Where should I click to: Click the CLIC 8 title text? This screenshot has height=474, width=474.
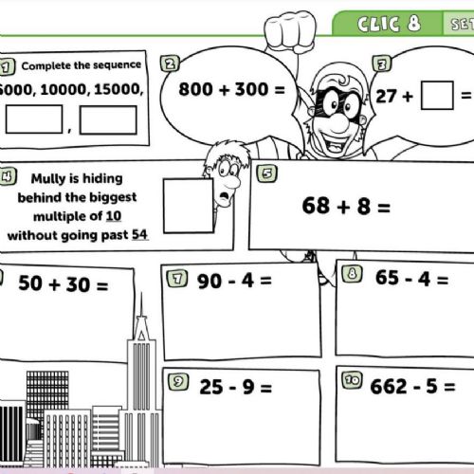pyautogui.click(x=390, y=24)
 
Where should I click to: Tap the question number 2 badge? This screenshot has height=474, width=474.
pyautogui.click(x=170, y=64)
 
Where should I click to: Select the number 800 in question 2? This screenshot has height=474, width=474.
pyautogui.click(x=195, y=89)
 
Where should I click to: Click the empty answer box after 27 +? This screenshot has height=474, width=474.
pyautogui.click(x=437, y=96)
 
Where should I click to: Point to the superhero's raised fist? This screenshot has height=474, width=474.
pyautogui.click(x=290, y=31)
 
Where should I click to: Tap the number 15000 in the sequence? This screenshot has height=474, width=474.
pyautogui.click(x=117, y=89)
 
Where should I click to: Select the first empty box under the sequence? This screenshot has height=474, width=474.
pyautogui.click(x=34, y=119)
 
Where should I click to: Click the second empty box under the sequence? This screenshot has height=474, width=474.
pyautogui.click(x=108, y=120)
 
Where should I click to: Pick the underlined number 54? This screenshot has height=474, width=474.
pyautogui.click(x=139, y=234)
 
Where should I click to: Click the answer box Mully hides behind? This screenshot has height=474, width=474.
pyautogui.click(x=189, y=206)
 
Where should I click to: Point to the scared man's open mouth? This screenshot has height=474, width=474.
pyautogui.click(x=225, y=197)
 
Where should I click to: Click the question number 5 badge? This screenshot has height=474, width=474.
pyautogui.click(x=267, y=173)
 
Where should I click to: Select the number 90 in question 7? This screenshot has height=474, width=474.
pyautogui.click(x=209, y=282)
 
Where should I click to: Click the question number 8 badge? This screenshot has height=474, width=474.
pyautogui.click(x=352, y=274)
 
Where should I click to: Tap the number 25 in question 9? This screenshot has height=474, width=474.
pyautogui.click(x=211, y=387)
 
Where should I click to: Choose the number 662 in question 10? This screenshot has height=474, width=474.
pyautogui.click(x=389, y=387)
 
